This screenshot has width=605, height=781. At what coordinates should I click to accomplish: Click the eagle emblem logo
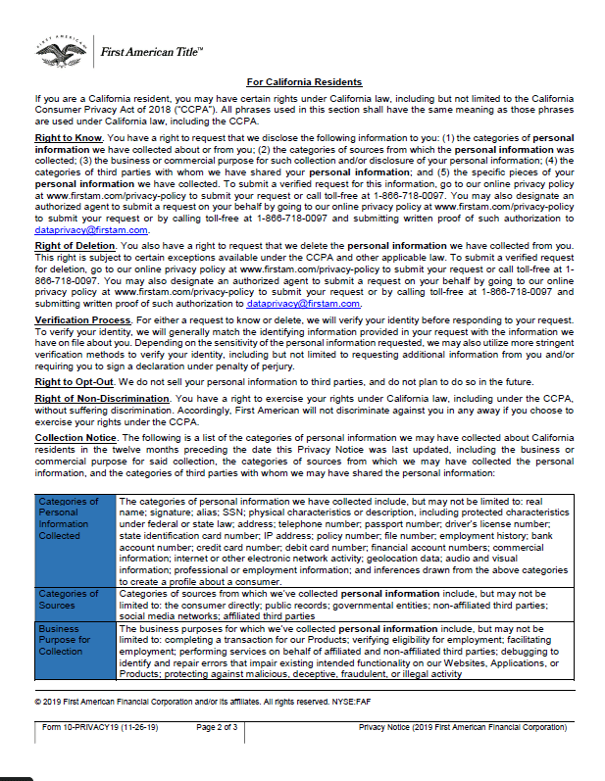62,52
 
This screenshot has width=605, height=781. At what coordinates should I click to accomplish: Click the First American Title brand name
153,52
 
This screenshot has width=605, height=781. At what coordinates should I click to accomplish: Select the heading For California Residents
304,82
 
